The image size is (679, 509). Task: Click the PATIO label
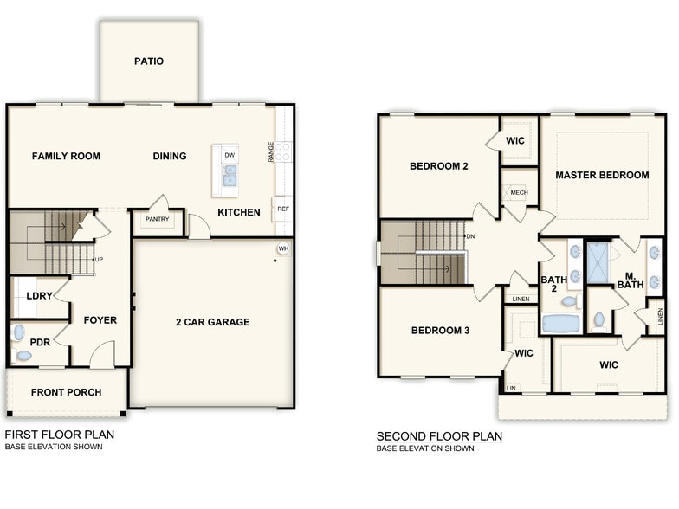click(149, 61)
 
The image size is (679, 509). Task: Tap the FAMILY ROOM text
click(66, 157)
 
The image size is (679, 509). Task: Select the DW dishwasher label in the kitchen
click(230, 155)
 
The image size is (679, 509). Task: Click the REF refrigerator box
click(283, 209)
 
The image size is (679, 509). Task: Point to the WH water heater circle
click(283, 249)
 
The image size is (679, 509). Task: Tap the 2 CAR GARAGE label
click(212, 322)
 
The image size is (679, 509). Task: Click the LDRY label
click(40, 296)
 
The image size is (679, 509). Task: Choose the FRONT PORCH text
click(66, 392)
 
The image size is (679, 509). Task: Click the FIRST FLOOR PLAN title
click(59, 435)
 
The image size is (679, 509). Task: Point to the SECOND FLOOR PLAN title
click(439, 436)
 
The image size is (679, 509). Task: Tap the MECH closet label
click(519, 193)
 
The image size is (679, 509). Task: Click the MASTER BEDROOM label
click(602, 175)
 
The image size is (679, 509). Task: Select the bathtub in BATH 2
click(560, 324)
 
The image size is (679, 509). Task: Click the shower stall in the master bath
click(598, 262)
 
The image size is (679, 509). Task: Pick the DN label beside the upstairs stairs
click(470, 236)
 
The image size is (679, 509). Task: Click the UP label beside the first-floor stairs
click(100, 259)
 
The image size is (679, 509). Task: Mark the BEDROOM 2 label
click(439, 166)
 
